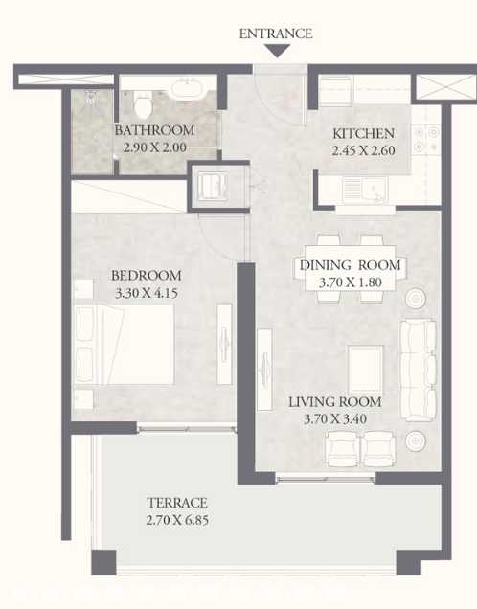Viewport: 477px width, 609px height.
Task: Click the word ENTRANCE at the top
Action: coord(275,34)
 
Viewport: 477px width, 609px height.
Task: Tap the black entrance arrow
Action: coord(275,51)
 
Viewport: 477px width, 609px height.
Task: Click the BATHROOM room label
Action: coord(154,130)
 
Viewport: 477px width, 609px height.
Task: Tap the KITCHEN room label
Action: coord(363,134)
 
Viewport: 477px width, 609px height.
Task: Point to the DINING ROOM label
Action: coord(351,265)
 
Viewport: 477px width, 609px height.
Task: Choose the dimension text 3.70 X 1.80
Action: coord(351,282)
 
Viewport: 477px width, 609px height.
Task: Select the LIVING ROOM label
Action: coord(335,402)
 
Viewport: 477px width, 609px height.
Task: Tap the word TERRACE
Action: coord(177,502)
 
